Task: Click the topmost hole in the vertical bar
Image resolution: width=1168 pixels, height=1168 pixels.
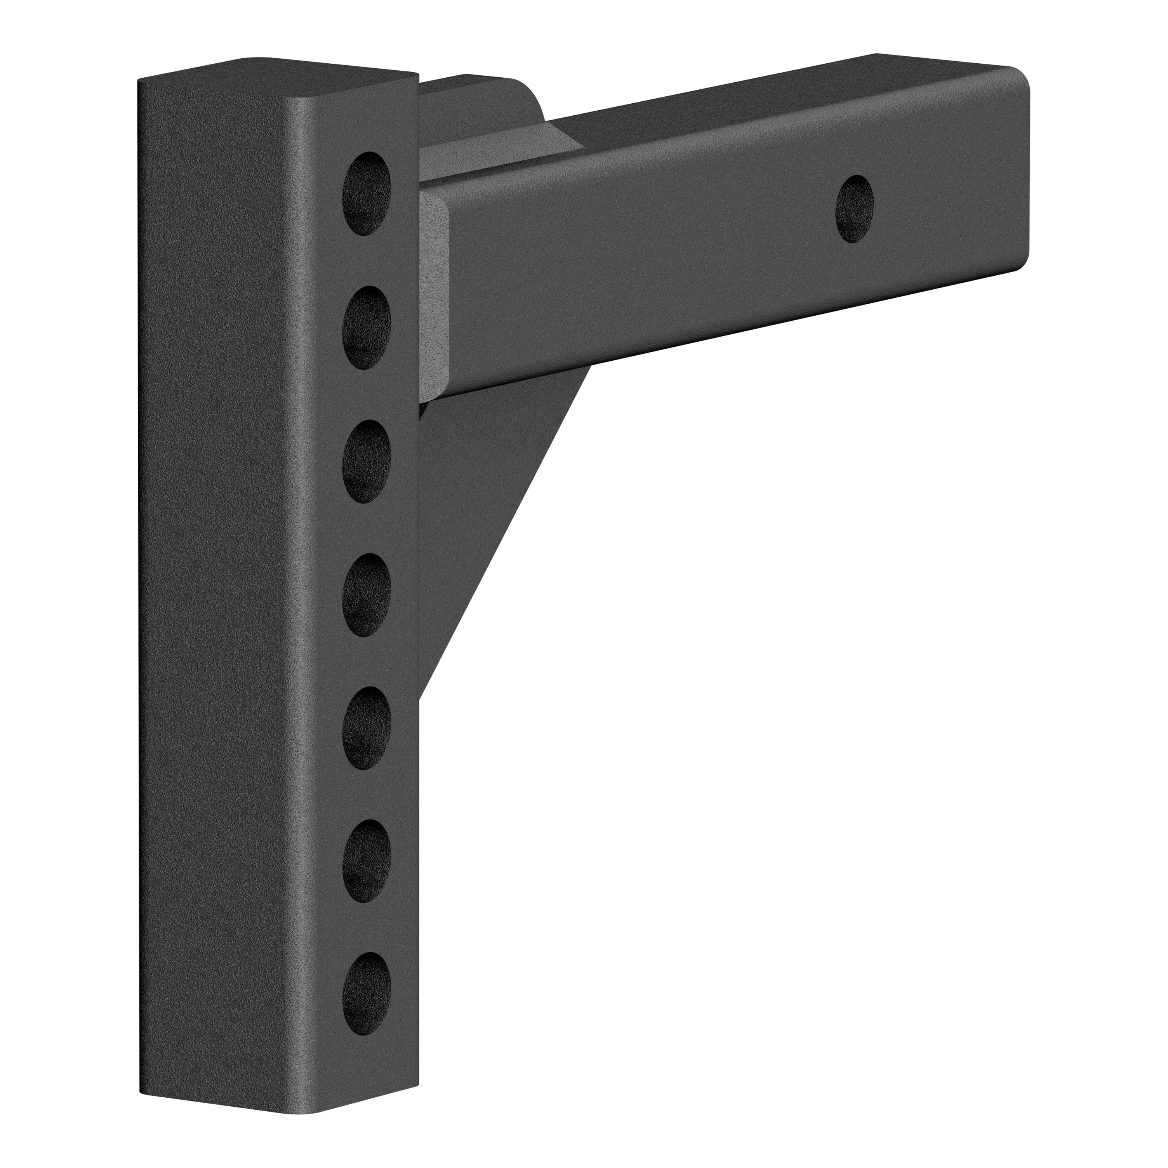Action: [x=367, y=193]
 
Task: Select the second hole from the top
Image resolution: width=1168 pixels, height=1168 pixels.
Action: [x=367, y=328]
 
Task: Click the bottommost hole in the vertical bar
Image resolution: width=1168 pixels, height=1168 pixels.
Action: [x=367, y=994]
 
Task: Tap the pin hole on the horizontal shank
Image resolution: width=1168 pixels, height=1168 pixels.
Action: [x=854, y=209]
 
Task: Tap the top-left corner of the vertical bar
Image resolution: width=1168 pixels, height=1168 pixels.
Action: [x=140, y=82]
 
